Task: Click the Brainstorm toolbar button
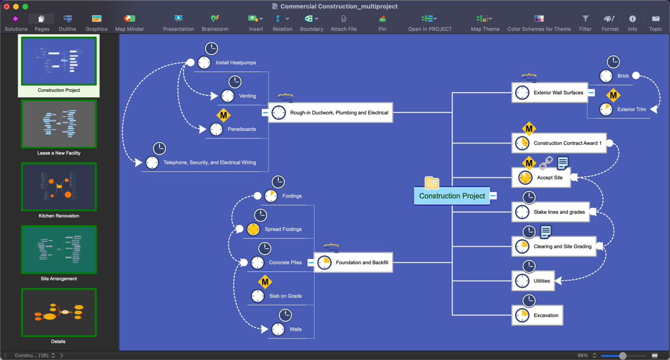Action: (215, 23)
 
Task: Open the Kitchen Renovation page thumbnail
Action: (59, 187)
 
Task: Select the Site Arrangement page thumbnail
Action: (59, 250)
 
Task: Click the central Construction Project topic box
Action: (452, 196)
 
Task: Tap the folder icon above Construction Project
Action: (431, 183)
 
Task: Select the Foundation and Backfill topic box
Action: (353, 263)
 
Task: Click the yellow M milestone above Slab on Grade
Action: (265, 282)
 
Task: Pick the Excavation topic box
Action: (537, 315)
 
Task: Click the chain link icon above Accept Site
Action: (546, 163)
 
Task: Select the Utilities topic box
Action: (533, 281)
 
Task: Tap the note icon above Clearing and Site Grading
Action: (546, 232)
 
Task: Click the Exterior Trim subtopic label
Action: (632, 109)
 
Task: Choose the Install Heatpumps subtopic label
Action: (236, 62)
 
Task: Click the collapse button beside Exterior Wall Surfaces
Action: (591, 93)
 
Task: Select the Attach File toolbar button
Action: (343, 23)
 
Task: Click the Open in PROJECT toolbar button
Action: (430, 23)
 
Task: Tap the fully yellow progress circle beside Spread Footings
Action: (253, 229)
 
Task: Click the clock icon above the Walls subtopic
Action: (285, 315)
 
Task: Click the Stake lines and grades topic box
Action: (550, 212)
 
